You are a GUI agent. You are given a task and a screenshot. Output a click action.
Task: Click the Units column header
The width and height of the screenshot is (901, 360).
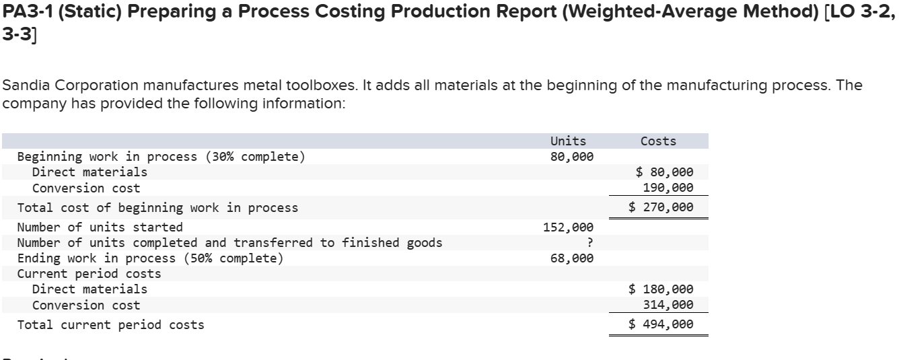point(568,141)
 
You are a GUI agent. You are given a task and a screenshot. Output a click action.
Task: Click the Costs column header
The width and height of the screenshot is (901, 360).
point(658,141)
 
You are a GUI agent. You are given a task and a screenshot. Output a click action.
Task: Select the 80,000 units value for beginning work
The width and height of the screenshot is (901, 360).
point(572,157)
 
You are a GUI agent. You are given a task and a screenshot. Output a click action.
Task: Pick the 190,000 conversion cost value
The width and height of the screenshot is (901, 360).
point(668,188)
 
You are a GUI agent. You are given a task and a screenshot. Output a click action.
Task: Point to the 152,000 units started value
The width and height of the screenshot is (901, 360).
point(568,227)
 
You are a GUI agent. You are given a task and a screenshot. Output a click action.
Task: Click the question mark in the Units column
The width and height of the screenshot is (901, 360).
point(589,243)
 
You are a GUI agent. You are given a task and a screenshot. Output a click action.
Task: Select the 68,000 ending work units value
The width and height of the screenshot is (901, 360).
point(572,258)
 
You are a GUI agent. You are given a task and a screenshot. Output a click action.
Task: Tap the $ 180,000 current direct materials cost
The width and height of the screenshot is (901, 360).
point(661,289)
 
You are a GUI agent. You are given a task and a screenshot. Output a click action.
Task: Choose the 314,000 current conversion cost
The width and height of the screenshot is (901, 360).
point(668,305)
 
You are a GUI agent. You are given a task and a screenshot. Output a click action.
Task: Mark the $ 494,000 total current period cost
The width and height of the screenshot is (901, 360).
point(661,325)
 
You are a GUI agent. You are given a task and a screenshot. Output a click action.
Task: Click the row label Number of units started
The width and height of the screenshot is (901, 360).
point(100,227)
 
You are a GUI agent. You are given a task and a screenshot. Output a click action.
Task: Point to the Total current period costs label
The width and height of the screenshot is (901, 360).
point(110,325)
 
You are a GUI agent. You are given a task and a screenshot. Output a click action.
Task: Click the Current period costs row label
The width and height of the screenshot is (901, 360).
point(89,274)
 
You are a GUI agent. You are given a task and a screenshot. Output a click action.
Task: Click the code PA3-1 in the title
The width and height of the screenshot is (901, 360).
point(28,13)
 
